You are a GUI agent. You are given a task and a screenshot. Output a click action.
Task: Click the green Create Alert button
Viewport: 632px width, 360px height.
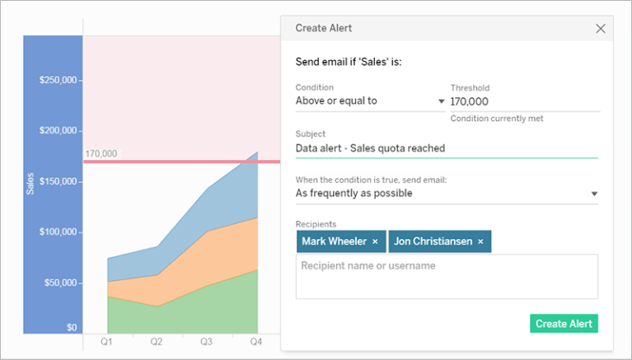pos(564,324)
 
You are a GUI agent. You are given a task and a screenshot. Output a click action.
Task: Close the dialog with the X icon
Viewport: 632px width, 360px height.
pos(601,28)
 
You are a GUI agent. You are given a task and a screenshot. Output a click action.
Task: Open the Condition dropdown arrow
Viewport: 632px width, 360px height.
pos(442,101)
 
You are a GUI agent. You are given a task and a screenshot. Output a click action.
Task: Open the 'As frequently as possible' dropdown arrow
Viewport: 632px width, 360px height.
pos(594,194)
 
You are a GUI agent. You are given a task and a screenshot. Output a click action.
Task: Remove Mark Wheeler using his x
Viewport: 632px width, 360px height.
pos(375,241)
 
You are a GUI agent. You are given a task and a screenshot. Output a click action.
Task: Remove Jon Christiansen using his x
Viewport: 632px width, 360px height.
pos(480,241)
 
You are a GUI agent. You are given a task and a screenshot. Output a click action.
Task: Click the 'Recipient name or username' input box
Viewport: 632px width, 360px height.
pos(447,276)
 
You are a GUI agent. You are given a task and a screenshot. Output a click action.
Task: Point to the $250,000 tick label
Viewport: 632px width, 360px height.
pos(58,80)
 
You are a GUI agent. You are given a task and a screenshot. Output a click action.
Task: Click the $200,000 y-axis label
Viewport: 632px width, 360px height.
pos(58,131)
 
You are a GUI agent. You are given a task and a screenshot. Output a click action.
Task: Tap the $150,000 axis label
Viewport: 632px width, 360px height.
pos(58,181)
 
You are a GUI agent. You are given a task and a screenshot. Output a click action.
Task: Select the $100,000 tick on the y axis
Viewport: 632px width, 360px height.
pos(58,231)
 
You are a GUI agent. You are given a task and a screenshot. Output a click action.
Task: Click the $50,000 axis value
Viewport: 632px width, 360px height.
pos(60,283)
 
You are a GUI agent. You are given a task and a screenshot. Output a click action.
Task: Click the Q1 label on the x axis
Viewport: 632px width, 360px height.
pos(107,341)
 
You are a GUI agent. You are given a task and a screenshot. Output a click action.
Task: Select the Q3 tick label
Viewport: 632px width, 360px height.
pos(207,341)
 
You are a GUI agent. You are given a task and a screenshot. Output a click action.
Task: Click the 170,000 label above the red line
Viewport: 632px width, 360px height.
pos(101,153)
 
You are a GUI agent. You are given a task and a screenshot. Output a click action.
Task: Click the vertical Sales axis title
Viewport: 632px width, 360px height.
pos(30,183)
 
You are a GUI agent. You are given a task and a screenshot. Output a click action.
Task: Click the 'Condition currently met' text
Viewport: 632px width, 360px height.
pos(496,119)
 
